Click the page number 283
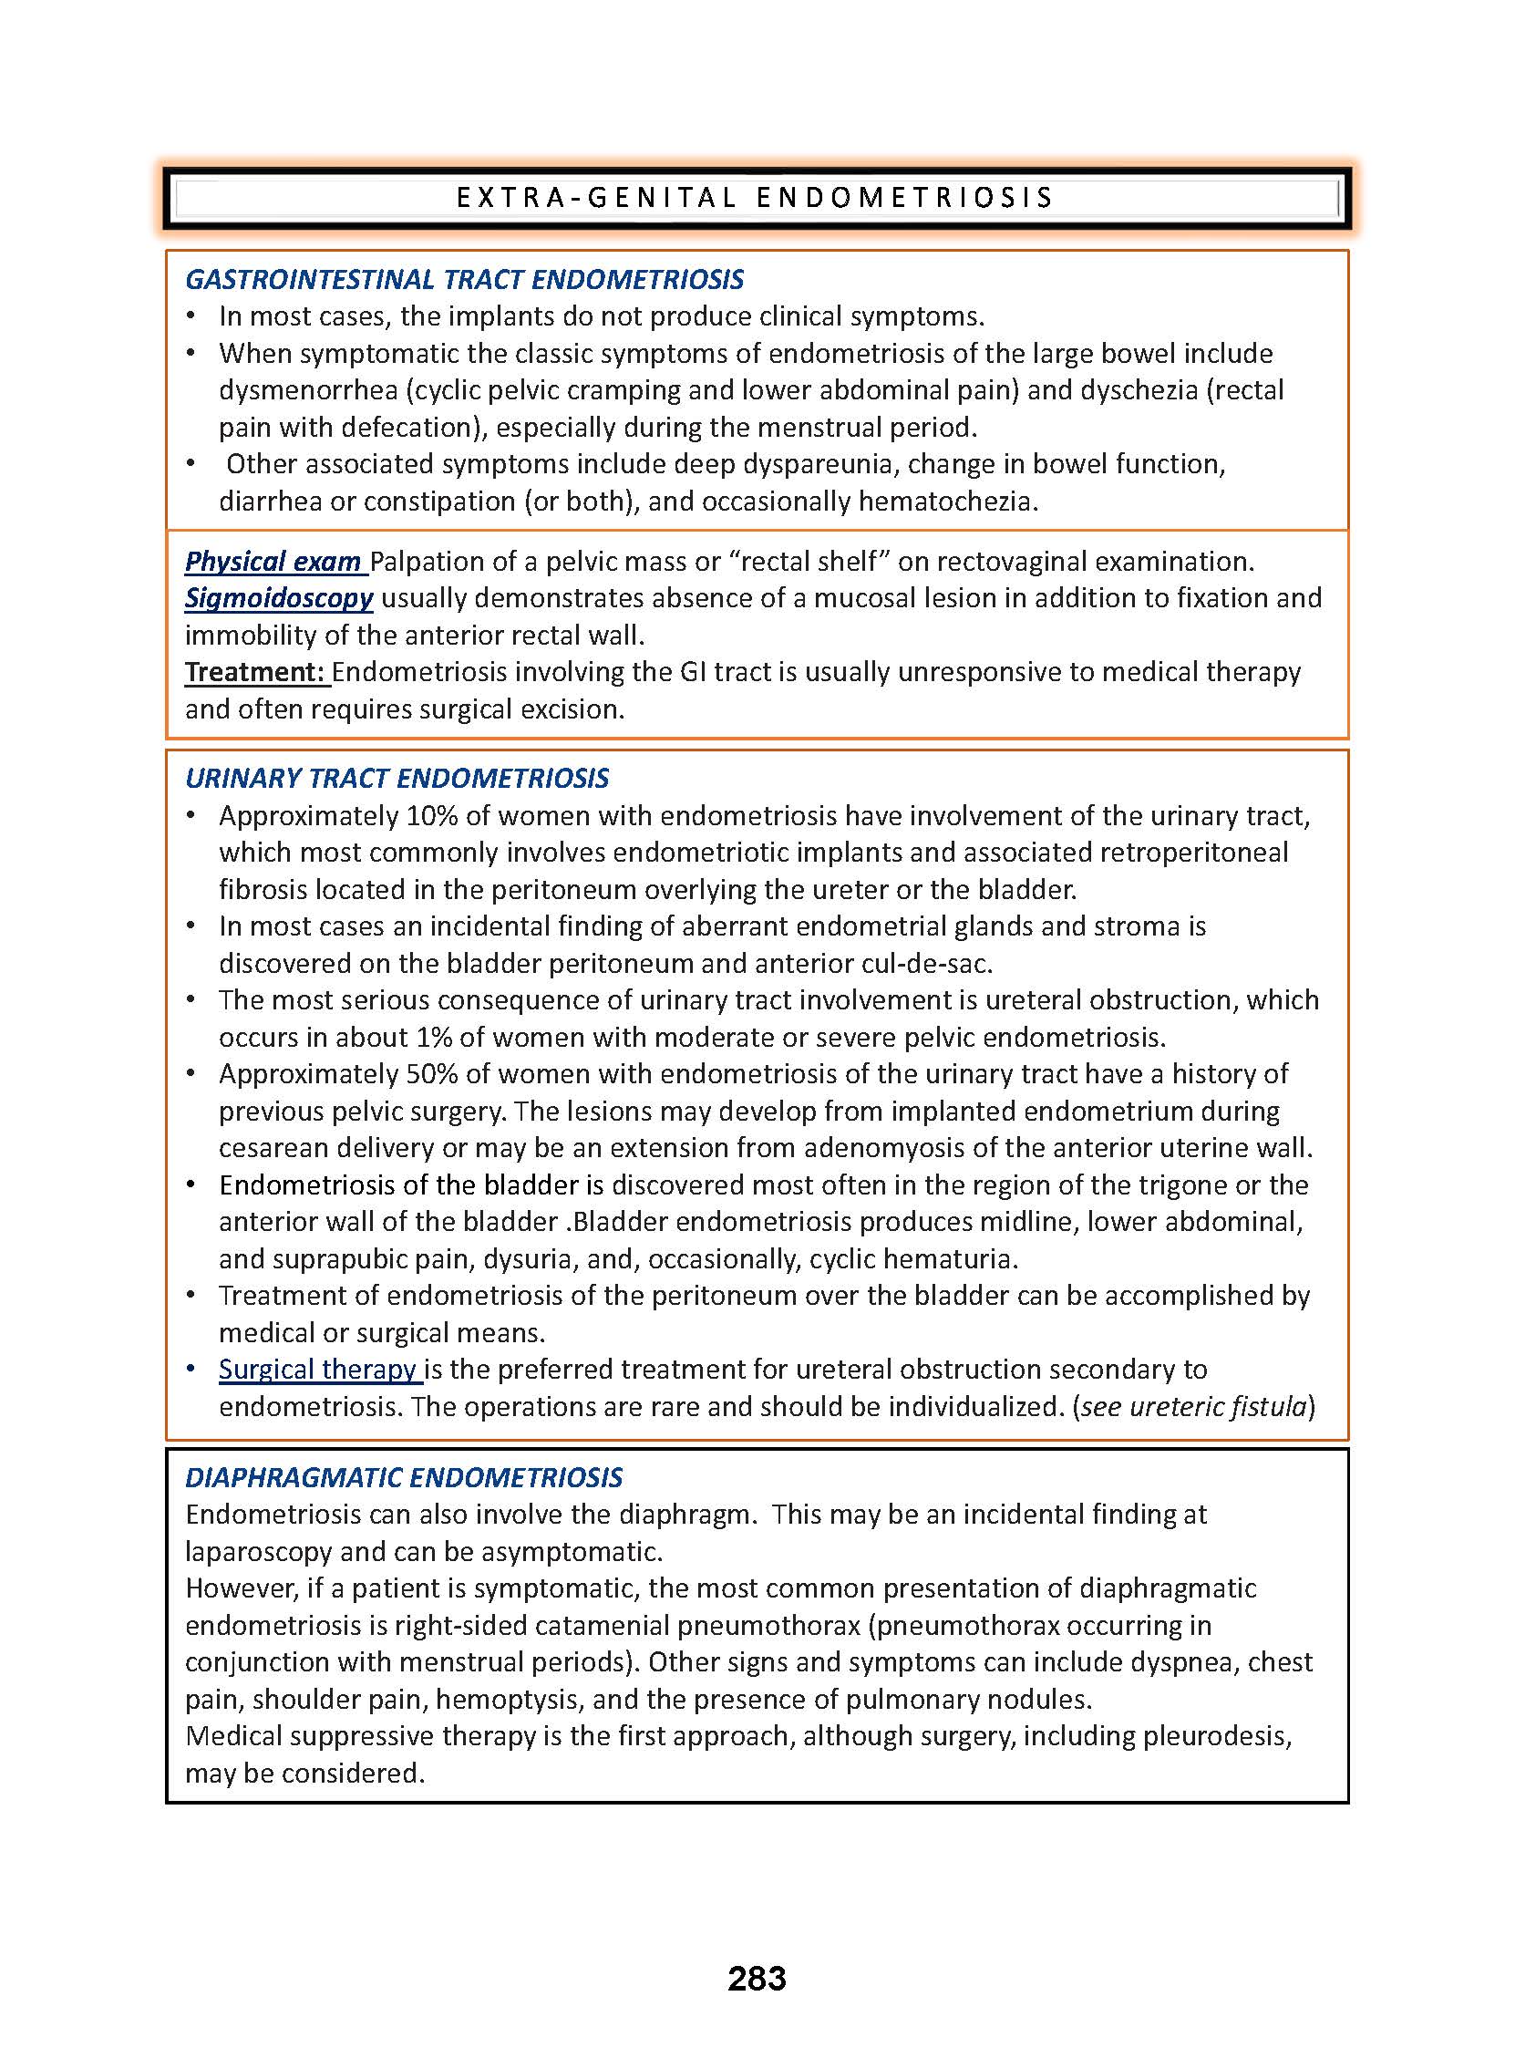tap(757, 1978)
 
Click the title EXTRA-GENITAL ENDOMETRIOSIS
tap(756, 197)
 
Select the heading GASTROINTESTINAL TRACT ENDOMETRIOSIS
tap(464, 279)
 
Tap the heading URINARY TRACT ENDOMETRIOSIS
tap(397, 778)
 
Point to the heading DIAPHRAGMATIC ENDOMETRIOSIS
tap(404, 1476)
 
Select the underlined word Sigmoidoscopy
tap(279, 598)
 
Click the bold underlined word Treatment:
tap(256, 671)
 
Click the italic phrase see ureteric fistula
tap(1193, 1406)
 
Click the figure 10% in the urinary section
tap(429, 815)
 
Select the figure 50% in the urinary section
tap(429, 1073)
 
